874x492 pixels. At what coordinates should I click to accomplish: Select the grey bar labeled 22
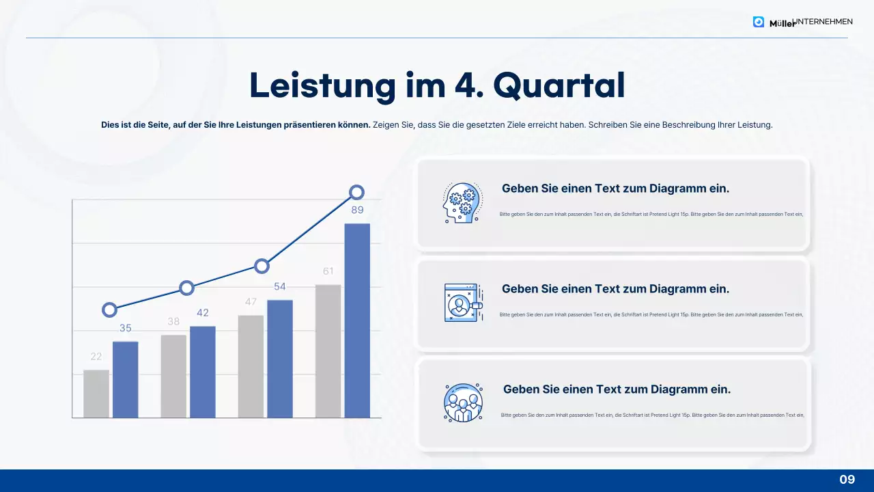pos(96,394)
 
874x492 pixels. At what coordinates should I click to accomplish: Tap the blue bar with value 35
pos(126,379)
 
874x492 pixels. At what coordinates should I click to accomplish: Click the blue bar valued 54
pos(280,359)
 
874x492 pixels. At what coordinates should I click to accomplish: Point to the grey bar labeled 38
pos(173,376)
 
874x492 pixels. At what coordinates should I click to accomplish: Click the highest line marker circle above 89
pos(356,193)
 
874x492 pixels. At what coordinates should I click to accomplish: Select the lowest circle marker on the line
pos(109,310)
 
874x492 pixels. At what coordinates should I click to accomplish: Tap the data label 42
pos(203,313)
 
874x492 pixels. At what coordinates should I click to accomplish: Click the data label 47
pos(251,302)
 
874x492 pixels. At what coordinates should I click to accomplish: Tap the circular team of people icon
pos(463,402)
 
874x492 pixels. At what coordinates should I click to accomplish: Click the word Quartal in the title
pos(559,86)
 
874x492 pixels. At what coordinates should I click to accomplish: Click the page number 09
pos(847,480)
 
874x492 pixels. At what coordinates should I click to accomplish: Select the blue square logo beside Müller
pos(759,22)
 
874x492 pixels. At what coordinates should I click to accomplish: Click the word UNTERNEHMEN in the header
pos(823,22)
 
